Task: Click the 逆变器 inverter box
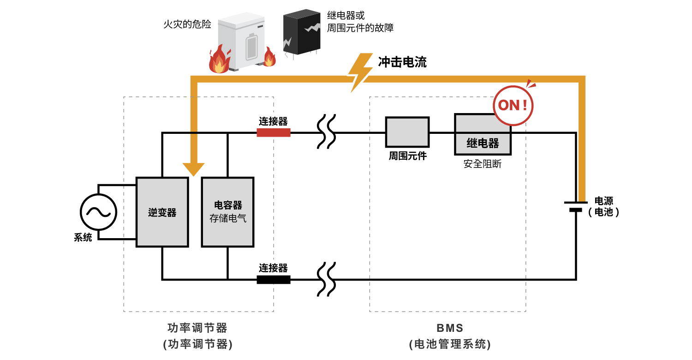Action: pos(162,212)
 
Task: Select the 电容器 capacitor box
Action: pos(227,212)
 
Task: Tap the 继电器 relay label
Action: pos(483,144)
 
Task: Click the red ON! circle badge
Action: pos(513,106)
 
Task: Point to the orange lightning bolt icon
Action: pos(360,72)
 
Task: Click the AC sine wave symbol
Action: pos(98,212)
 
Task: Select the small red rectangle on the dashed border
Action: pos(273,132)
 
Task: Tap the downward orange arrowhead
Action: pos(193,169)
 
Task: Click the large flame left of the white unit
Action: pos(219,60)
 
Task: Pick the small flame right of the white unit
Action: pos(269,58)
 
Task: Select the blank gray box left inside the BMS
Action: pos(407,132)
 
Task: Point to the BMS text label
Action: pos(450,328)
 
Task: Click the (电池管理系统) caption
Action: pos(450,344)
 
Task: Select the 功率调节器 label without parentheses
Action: pos(197,328)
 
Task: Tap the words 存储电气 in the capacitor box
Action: pos(228,218)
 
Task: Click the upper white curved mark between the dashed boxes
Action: pos(327,133)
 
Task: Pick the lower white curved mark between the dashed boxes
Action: pos(327,281)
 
